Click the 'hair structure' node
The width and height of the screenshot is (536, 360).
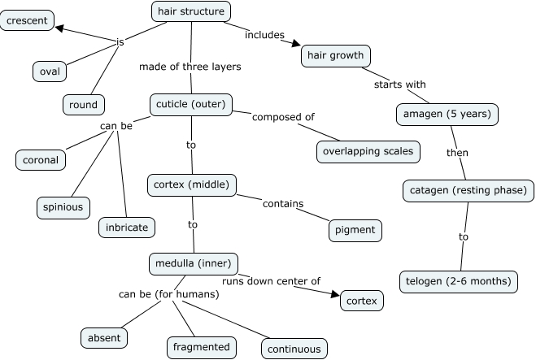coord(191,11)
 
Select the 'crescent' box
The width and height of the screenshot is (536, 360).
coord(27,20)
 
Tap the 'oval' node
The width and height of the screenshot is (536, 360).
coord(50,72)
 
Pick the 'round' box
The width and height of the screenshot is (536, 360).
coord(83,104)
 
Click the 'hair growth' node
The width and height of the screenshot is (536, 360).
coord(337,56)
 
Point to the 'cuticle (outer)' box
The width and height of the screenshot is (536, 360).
coord(191,104)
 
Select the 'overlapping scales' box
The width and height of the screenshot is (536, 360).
coord(368,151)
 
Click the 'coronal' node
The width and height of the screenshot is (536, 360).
coord(41,160)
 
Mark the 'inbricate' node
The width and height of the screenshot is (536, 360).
coord(127,228)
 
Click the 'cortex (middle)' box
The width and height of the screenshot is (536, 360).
coord(192,184)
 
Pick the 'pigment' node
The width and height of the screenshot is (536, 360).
coord(355,230)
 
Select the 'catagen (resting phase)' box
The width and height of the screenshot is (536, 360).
coord(468,191)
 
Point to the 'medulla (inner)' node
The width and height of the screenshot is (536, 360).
coord(194,263)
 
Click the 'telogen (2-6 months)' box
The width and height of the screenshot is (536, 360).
coord(460,282)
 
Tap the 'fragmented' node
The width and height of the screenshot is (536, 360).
coord(202,347)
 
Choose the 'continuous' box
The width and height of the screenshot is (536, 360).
coord(294,349)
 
